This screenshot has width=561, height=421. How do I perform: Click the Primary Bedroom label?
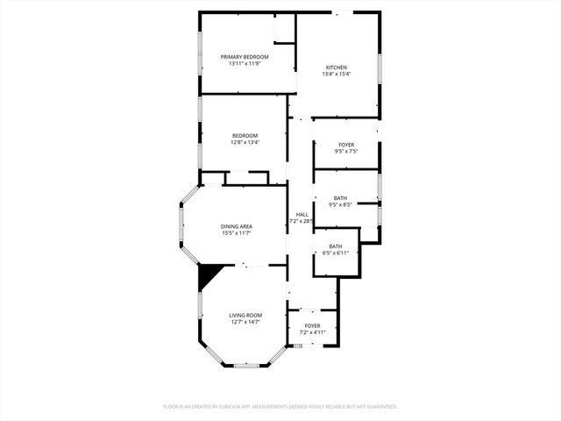click(x=245, y=57)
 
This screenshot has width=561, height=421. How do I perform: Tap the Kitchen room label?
click(x=337, y=68)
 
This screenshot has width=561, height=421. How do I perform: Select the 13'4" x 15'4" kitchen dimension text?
click(x=337, y=74)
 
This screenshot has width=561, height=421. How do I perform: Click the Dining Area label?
click(x=237, y=226)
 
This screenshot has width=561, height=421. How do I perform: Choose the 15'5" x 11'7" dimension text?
click(x=237, y=232)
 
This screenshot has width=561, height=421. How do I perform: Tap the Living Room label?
click(x=245, y=315)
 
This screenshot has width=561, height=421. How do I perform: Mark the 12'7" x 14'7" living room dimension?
click(x=245, y=322)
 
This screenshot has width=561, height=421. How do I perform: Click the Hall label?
click(x=302, y=214)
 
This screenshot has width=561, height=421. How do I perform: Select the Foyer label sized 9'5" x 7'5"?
click(x=346, y=145)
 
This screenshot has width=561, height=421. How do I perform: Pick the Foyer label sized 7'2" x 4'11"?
click(x=312, y=326)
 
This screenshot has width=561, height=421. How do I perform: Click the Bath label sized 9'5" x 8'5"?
click(x=340, y=198)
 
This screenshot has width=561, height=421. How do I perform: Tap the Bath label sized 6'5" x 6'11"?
click(x=336, y=246)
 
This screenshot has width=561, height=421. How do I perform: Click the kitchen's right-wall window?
click(x=380, y=68)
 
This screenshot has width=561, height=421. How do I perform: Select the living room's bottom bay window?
click(x=245, y=365)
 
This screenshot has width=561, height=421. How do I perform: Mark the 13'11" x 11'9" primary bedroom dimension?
click(x=245, y=63)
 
